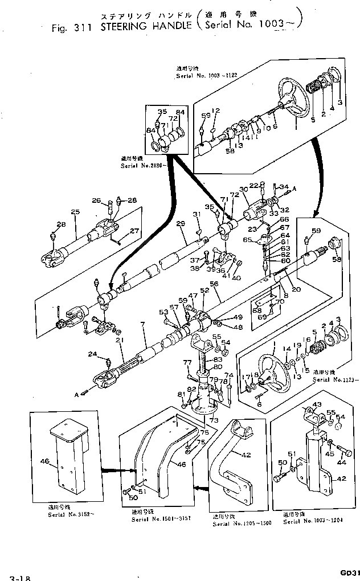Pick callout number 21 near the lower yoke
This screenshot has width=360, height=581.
point(119,341)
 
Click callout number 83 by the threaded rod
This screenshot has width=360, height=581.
point(217,361)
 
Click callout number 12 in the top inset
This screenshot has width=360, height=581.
point(216,111)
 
